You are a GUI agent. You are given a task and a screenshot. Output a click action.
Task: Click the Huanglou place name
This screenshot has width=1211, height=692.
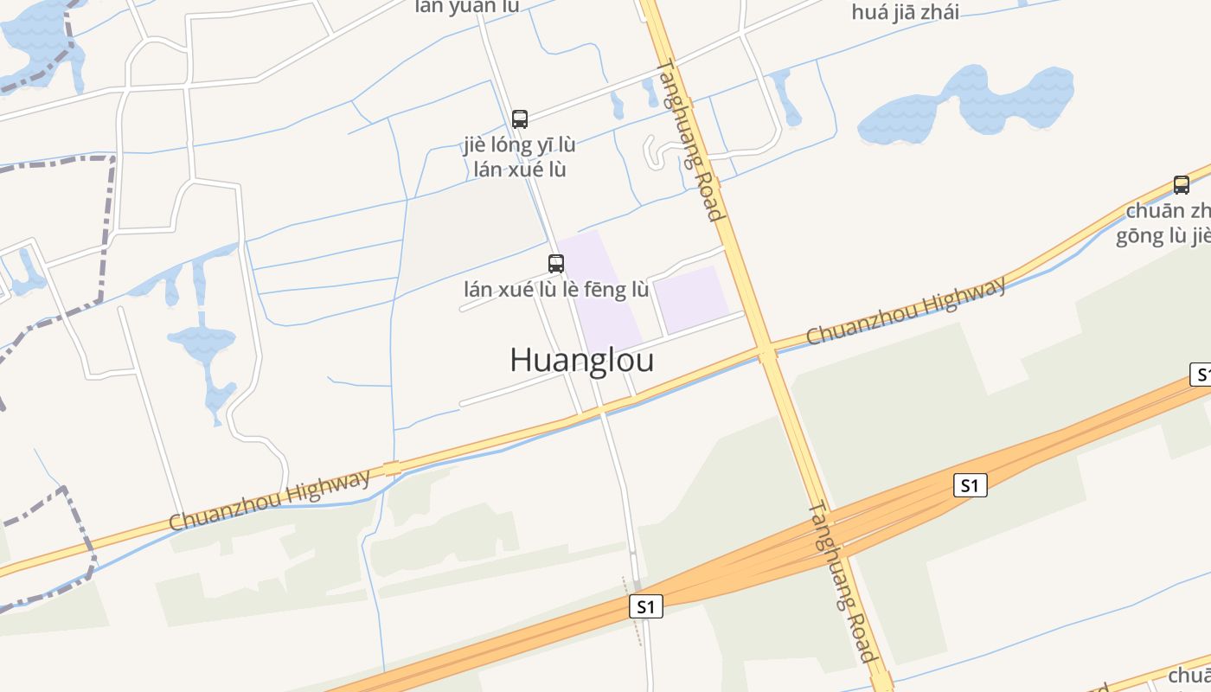[x=581, y=360]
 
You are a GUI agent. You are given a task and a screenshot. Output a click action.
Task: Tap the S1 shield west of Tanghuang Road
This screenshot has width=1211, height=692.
[x=645, y=606]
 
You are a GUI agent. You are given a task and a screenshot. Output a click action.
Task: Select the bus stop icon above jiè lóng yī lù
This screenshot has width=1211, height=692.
[x=520, y=119]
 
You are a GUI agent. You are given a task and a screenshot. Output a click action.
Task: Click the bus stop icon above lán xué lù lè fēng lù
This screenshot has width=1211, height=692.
[x=556, y=264]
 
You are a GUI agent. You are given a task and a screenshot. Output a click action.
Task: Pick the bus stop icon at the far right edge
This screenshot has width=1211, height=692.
[x=1182, y=184]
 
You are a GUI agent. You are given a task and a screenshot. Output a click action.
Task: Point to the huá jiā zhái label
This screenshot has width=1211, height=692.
[x=905, y=12]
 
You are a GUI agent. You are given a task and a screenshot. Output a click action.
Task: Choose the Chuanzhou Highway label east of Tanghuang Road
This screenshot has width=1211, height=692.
[x=906, y=310]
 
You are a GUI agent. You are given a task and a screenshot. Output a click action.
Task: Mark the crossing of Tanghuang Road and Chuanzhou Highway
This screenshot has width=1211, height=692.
[x=766, y=351]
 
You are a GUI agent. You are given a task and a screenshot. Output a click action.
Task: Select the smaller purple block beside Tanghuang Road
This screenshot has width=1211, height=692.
[x=692, y=298]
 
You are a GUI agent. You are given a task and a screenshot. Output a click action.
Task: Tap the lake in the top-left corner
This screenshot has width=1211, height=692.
[x=39, y=35]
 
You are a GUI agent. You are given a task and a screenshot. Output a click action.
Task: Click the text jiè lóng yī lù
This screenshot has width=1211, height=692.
[x=519, y=144]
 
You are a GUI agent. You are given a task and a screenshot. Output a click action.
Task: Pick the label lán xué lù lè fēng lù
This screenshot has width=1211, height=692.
[x=556, y=289]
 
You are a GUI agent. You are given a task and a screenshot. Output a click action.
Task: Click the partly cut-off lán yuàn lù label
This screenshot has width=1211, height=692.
[x=467, y=7]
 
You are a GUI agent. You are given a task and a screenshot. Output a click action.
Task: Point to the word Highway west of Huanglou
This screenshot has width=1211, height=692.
[x=326, y=485]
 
